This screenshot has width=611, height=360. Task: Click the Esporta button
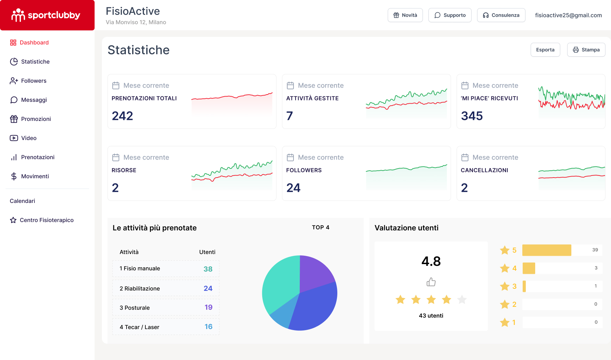[x=545, y=50]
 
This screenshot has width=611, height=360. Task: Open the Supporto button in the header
[x=450, y=15]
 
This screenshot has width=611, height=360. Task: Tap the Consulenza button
[x=501, y=15]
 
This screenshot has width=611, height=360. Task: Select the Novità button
[x=405, y=15]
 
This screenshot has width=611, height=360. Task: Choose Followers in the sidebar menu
[x=33, y=81]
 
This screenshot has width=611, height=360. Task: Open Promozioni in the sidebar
[x=36, y=119]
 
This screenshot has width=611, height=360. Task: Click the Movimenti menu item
[x=35, y=176]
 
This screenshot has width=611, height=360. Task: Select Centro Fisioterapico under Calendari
[x=47, y=220]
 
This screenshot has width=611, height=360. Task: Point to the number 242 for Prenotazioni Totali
[x=122, y=116]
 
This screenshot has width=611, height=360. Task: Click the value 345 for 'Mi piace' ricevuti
[x=472, y=116]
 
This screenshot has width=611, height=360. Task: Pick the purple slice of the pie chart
[x=314, y=271]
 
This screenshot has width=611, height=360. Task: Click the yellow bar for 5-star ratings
[x=546, y=250]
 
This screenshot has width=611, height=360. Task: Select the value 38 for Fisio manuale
[x=208, y=269]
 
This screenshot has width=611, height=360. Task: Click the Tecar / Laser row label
[x=139, y=327]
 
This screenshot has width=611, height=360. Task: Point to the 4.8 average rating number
[x=431, y=261]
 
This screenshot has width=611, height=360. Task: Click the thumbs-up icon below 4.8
[x=431, y=282]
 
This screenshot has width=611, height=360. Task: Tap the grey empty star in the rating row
[x=462, y=299]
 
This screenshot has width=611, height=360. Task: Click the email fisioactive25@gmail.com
[x=568, y=15]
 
